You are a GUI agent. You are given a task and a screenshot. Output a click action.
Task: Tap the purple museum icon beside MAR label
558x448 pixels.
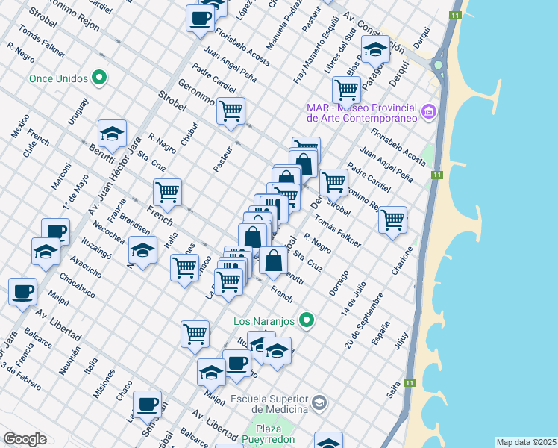coord(428,112)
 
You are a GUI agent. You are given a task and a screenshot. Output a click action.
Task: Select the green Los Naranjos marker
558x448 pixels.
coord(305,321)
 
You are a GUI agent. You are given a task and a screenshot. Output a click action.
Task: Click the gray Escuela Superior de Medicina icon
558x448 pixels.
coord(319,403)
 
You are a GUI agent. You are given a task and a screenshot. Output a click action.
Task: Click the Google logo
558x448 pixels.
coord(25,439)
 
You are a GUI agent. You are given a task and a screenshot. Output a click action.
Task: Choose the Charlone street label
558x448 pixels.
coord(403,261)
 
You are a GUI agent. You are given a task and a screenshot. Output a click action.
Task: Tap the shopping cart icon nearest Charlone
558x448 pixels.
coord(392,220)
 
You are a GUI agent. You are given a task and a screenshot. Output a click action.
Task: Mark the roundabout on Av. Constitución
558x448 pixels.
coord(438,64)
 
